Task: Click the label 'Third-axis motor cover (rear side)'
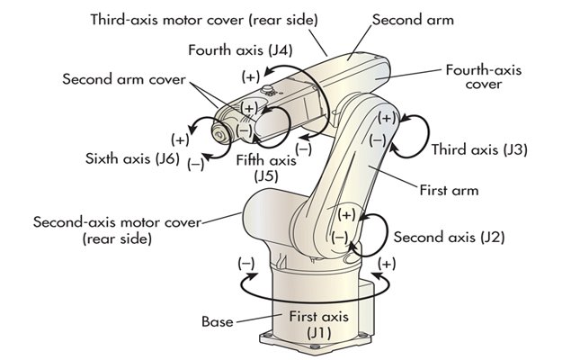tap(203, 18)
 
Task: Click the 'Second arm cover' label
tap(124, 78)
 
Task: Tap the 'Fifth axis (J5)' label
tap(265, 168)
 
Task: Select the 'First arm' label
tap(450, 190)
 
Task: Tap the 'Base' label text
tap(216, 320)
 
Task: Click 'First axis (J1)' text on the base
tap(318, 325)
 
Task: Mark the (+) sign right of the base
tap(387, 263)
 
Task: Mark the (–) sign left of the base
tap(245, 263)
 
